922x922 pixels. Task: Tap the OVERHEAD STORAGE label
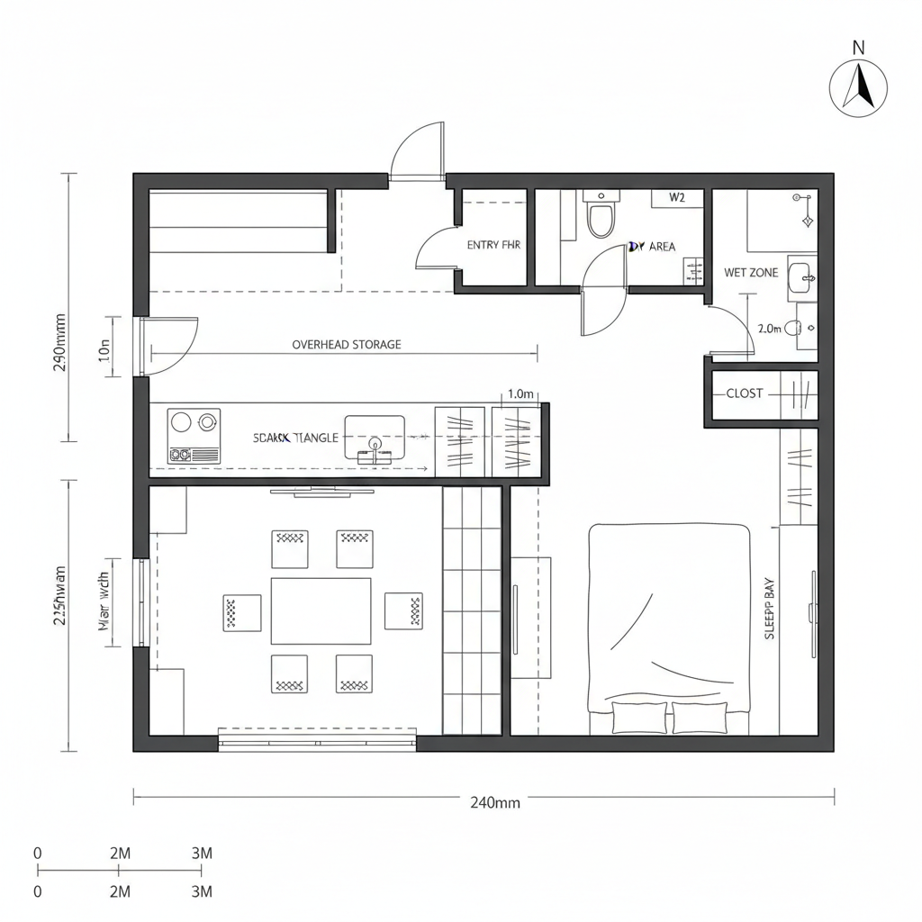pyautogui.click(x=347, y=344)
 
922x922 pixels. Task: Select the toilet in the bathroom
pyautogui.click(x=600, y=217)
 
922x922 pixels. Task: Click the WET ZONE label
pyautogui.click(x=751, y=273)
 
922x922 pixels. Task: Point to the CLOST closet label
pyautogui.click(x=745, y=393)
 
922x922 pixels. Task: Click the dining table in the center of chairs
pyautogui.click(x=321, y=610)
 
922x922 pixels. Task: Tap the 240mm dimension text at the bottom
pyautogui.click(x=495, y=803)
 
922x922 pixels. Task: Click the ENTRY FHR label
pyautogui.click(x=493, y=244)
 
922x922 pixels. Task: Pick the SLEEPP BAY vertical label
pyautogui.click(x=770, y=609)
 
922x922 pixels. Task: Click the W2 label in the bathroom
pyautogui.click(x=677, y=198)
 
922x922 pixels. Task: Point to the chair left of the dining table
pyautogui.click(x=241, y=612)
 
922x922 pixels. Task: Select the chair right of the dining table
pyautogui.click(x=403, y=610)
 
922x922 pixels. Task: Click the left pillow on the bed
pyautogui.click(x=639, y=718)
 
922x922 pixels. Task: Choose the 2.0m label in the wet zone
pyautogui.click(x=770, y=329)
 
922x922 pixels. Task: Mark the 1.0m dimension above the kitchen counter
pyautogui.click(x=521, y=393)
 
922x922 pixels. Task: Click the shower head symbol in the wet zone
pyautogui.click(x=807, y=219)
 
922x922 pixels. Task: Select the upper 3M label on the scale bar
pyautogui.click(x=202, y=853)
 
